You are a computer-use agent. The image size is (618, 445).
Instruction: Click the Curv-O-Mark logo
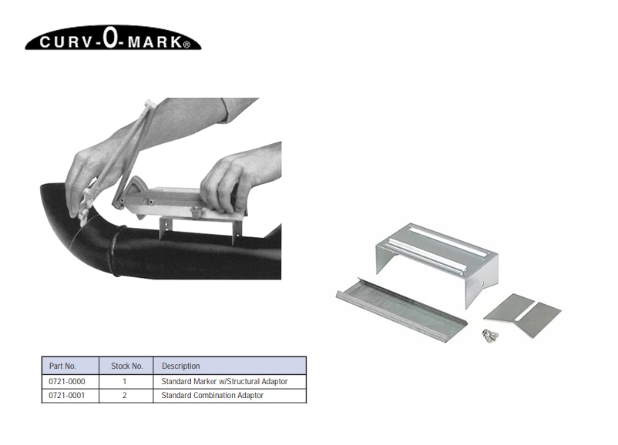(x=113, y=38)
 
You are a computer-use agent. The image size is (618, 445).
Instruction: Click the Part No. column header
(x=62, y=366)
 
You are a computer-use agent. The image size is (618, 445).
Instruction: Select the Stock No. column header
(x=127, y=366)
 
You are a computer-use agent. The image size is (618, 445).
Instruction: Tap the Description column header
(x=180, y=366)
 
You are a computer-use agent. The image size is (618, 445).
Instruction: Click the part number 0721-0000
(x=66, y=381)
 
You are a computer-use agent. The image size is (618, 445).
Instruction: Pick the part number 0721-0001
(x=66, y=395)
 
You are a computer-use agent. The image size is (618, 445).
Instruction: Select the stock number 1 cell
(x=125, y=381)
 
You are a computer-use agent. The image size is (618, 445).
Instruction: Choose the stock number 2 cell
(x=125, y=395)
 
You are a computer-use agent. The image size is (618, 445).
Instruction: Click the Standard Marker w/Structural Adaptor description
(x=224, y=381)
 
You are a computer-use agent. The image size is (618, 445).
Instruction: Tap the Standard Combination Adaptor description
(x=213, y=395)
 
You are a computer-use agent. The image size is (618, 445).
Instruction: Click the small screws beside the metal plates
(x=490, y=336)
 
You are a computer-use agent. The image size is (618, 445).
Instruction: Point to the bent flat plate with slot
(x=522, y=315)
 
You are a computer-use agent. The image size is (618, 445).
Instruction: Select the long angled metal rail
(x=401, y=309)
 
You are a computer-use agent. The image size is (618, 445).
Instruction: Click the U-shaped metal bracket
(x=438, y=260)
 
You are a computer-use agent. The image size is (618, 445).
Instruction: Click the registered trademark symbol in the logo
(x=186, y=45)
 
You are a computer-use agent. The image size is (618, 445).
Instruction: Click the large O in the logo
(x=110, y=38)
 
